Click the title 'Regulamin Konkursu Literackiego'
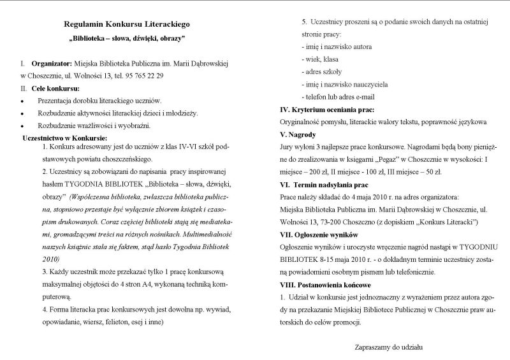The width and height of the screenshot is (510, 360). (x=127, y=24)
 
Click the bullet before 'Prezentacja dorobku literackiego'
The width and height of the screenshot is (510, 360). (x=23, y=101)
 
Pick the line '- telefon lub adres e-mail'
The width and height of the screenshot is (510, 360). (x=338, y=97)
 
